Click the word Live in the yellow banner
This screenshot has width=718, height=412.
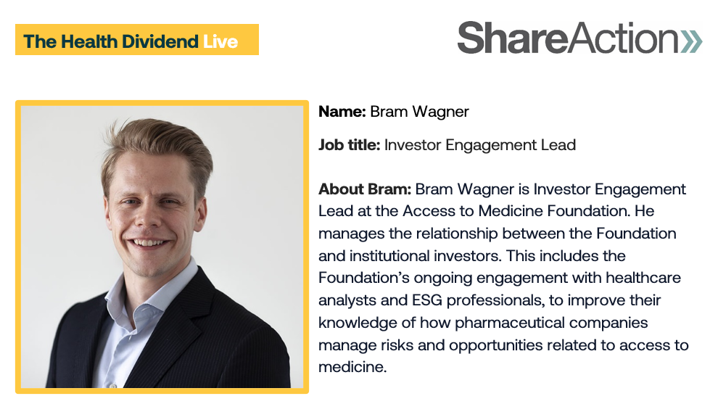click(220, 41)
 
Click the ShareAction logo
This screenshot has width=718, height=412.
click(579, 38)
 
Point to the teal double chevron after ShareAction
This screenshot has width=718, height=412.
click(691, 41)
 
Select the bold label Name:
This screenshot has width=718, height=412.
click(342, 111)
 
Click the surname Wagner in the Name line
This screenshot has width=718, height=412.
click(440, 112)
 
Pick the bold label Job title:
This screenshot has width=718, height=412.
click(350, 144)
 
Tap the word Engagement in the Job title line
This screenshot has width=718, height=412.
click(491, 146)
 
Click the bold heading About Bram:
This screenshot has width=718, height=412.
click(365, 189)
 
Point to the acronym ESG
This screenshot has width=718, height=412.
click(427, 300)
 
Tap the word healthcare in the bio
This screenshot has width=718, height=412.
click(643, 278)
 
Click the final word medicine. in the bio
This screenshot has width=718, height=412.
click(352, 367)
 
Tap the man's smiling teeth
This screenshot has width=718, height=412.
click(147, 242)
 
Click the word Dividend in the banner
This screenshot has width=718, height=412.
click(160, 41)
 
